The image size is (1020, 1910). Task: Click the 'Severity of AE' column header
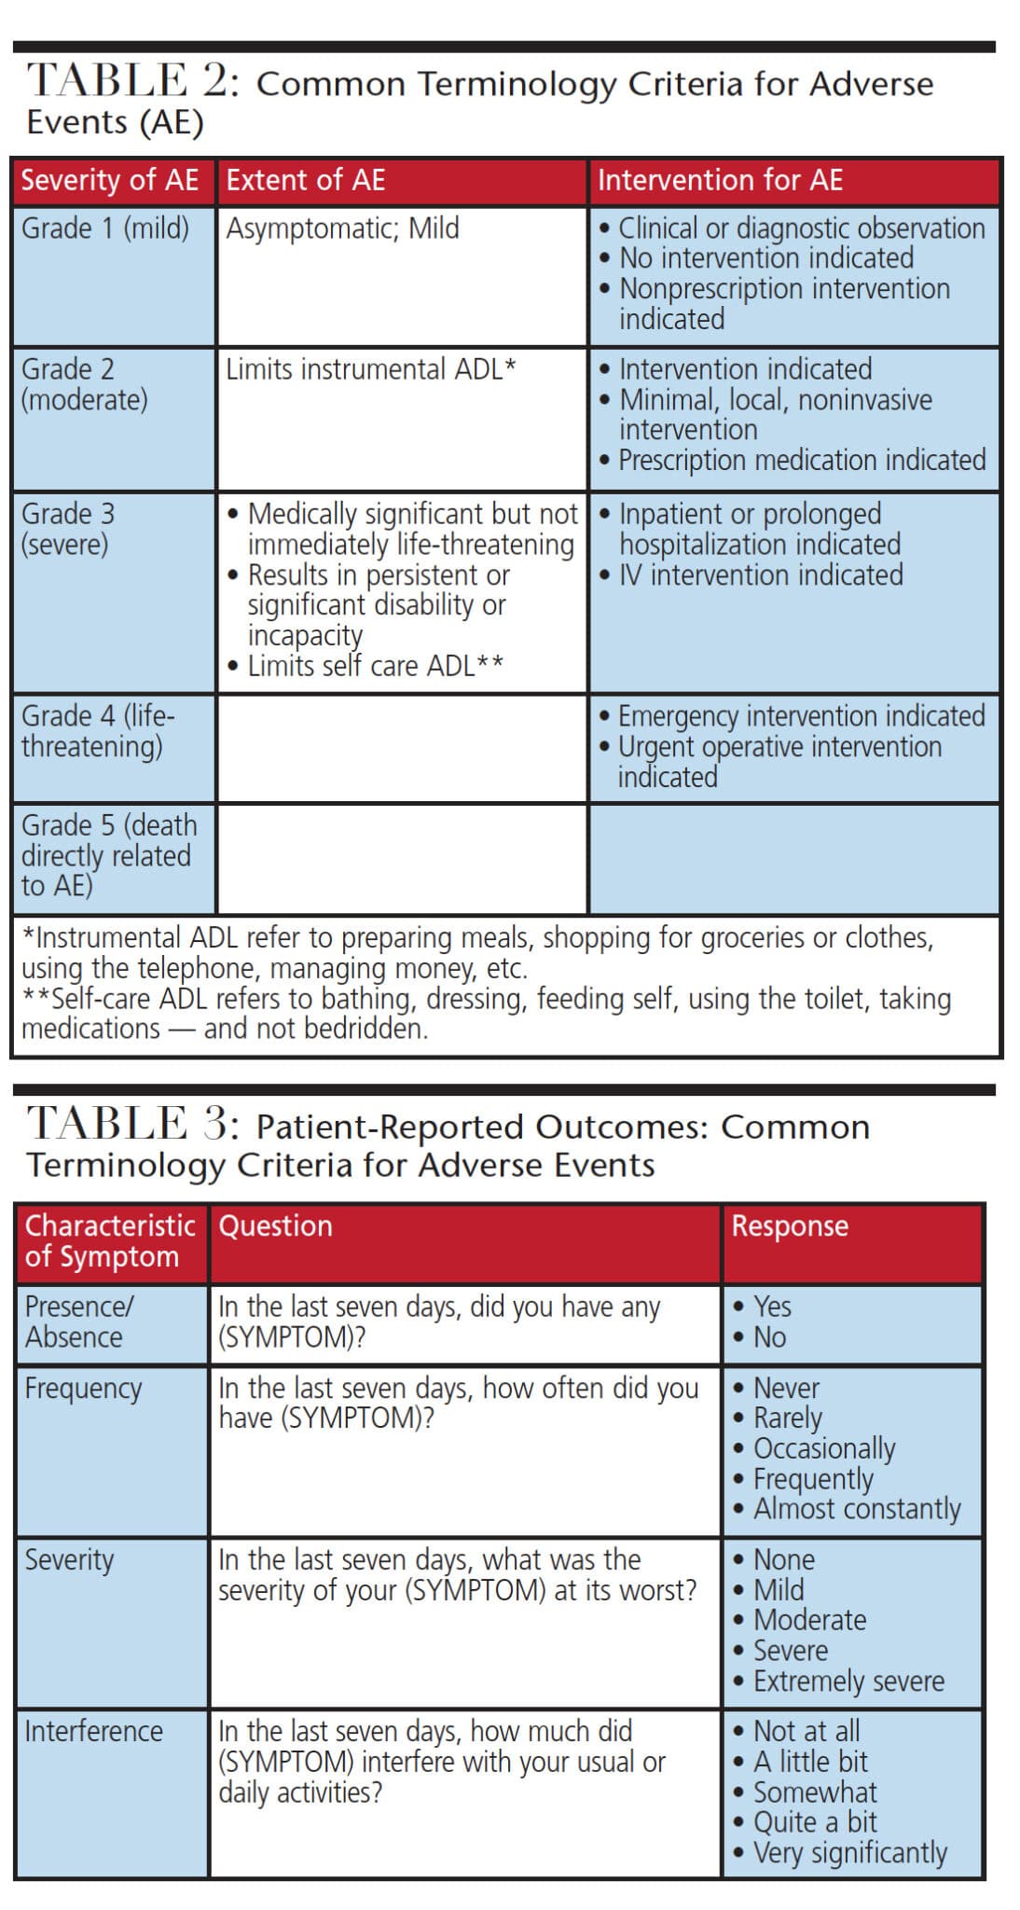[110, 180]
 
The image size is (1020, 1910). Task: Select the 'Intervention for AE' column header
[720, 180]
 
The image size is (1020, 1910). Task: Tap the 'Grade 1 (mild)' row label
[105, 228]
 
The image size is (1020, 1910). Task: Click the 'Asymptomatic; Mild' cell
[342, 228]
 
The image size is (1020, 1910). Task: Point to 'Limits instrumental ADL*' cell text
[370, 369]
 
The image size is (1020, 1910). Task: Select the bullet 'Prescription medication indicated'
[802, 460]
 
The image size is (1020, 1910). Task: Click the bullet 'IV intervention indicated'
[761, 574]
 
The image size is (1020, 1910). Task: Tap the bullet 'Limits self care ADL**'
[375, 666]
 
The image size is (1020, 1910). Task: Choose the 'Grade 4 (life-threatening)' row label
[98, 731]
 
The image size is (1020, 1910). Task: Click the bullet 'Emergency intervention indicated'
[801, 716]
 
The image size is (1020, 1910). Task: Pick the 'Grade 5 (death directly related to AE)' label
[109, 855]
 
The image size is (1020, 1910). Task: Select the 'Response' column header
[790, 1226]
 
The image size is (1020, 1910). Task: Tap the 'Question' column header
[275, 1226]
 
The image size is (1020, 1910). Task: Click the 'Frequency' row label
[83, 1389]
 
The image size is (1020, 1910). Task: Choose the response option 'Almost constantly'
[856, 1509]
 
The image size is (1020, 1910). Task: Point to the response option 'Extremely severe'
[848, 1682]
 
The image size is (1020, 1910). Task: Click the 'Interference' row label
[93, 1732]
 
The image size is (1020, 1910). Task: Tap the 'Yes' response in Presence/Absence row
[772, 1307]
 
